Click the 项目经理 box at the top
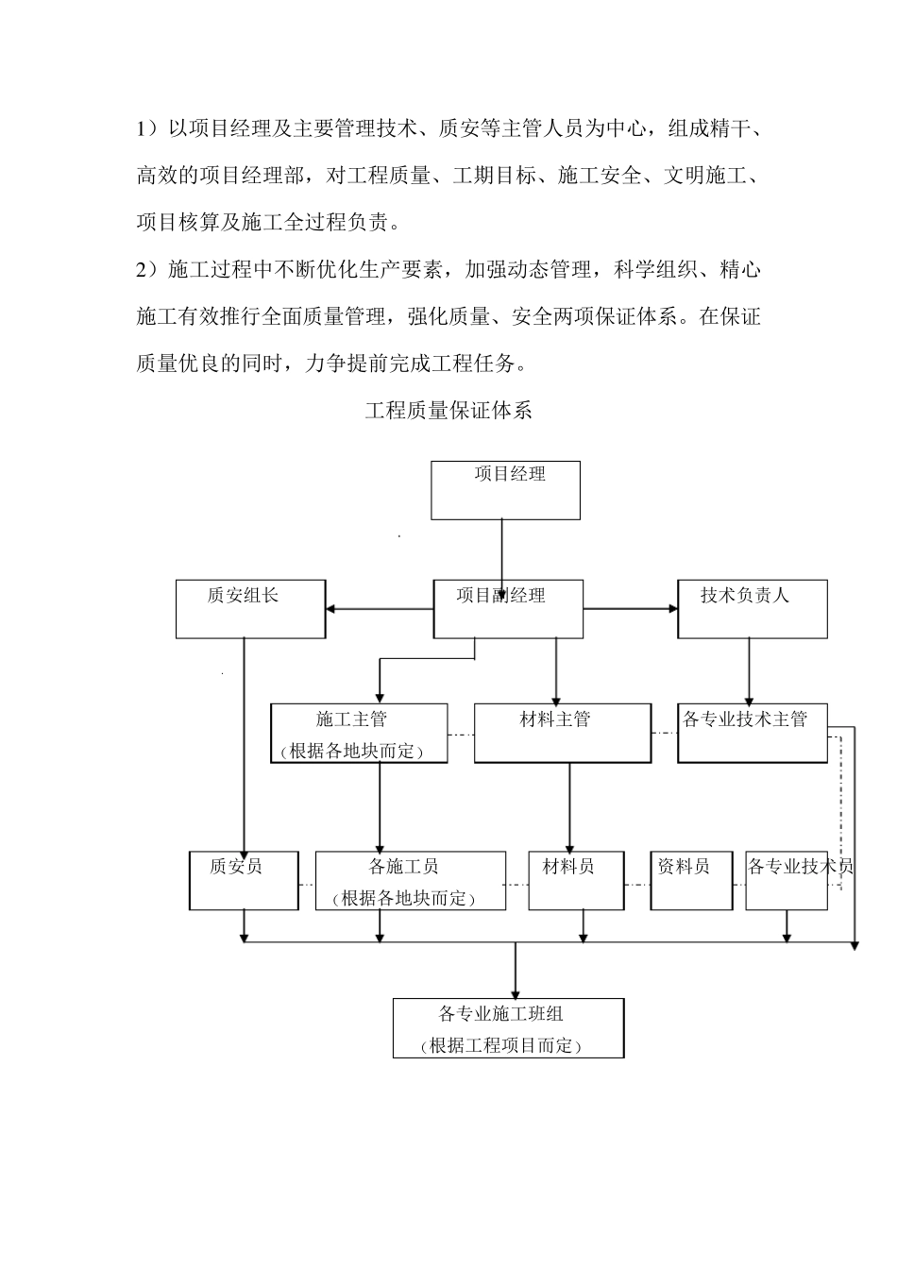[x=505, y=490]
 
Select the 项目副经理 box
[x=508, y=609]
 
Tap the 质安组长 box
[x=250, y=609]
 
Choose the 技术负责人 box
[x=752, y=609]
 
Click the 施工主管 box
[x=359, y=734]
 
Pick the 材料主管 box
[x=562, y=734]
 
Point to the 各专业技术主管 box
[x=753, y=734]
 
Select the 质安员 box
[x=244, y=881]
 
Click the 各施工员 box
[x=410, y=881]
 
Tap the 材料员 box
[x=576, y=881]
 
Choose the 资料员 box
[x=691, y=881]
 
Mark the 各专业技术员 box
[x=787, y=881]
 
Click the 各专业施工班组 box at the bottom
[x=508, y=1028]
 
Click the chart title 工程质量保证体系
[x=448, y=411]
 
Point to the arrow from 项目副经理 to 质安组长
[x=379, y=609]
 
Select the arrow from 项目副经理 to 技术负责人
[x=631, y=609]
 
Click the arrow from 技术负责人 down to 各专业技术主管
[x=750, y=670]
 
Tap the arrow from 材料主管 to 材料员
[x=569, y=807]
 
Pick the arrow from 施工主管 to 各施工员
[x=380, y=807]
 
